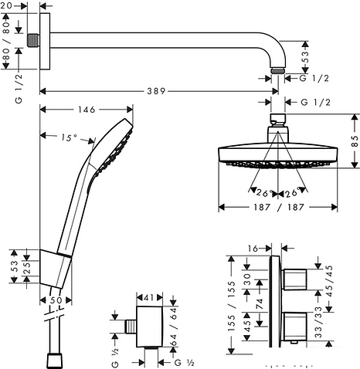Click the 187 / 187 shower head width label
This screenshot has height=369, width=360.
pyautogui.click(x=279, y=207)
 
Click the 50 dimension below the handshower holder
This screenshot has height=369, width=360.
pyautogui.click(x=55, y=299)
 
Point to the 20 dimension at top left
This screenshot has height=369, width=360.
pyautogui.click(x=8, y=6)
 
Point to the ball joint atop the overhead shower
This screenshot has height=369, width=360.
pyautogui.click(x=278, y=122)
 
